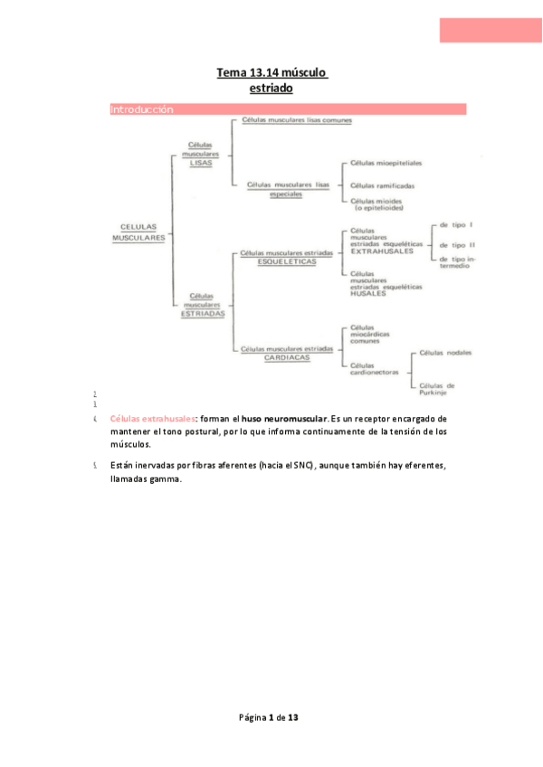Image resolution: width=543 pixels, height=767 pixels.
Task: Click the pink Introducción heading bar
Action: coord(288,109)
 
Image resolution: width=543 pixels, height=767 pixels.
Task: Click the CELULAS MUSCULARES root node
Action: coord(138,232)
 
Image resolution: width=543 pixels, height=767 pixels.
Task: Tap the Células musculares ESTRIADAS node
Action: coord(201,304)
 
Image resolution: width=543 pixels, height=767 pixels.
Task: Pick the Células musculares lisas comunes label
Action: coord(297,120)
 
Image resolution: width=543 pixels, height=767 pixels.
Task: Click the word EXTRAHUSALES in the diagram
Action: coord(382,251)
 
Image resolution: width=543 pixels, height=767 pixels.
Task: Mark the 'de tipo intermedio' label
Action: coord(460,263)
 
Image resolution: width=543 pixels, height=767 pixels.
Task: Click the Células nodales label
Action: coord(446,353)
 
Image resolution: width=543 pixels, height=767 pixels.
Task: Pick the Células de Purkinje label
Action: coord(437,389)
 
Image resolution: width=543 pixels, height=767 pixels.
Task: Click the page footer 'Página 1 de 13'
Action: coord(269,717)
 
